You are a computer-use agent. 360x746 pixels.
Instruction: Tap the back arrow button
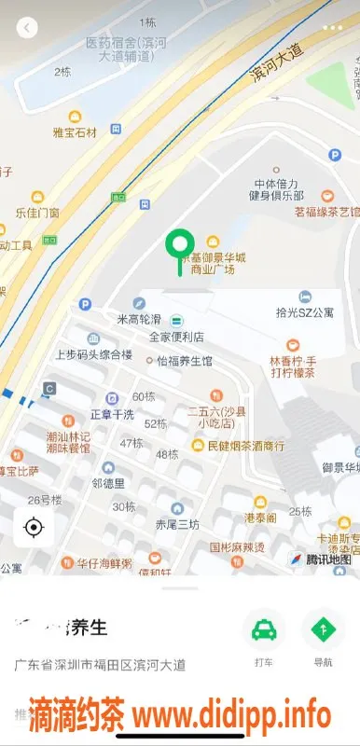coord(27,28)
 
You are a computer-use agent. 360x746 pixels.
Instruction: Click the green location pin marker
coord(179,246)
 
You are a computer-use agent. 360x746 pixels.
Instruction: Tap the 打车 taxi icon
coord(264,630)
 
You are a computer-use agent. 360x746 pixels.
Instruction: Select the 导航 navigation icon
coord(323,630)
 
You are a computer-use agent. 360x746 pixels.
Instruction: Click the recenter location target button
coord(34,529)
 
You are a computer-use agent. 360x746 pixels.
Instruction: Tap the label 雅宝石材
coord(75,132)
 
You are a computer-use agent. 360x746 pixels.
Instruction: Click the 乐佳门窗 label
coord(37,213)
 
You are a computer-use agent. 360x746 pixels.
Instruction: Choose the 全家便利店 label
coord(176,336)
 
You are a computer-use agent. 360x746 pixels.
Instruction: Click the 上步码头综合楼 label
coord(93,354)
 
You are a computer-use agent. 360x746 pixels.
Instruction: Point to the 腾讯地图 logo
coord(322,559)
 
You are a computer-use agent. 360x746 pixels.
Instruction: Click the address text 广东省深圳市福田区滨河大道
coord(100,666)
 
